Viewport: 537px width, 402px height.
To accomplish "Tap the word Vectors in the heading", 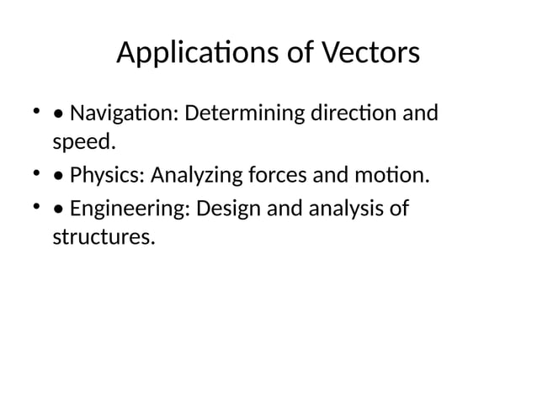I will pyautogui.click(x=370, y=55).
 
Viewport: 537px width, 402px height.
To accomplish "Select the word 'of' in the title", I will pyautogui.click(x=294, y=55).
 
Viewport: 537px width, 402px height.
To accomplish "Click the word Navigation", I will pyautogui.click(x=120, y=112).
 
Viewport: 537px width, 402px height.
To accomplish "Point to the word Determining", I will pyautogui.click(x=238, y=112).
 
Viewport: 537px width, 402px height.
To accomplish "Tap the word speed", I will pyautogui.click(x=82, y=141).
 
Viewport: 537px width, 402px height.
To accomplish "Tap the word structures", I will pyautogui.click(x=104, y=237).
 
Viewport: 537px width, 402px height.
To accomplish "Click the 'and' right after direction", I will pyautogui.click(x=421, y=112).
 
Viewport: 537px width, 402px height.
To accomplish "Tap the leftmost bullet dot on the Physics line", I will pyautogui.click(x=36, y=175).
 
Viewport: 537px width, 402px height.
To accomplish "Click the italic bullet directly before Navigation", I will pyautogui.click(x=57, y=113).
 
